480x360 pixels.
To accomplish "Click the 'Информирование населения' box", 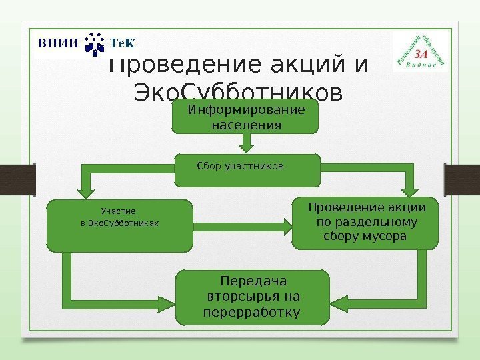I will tap(246, 117).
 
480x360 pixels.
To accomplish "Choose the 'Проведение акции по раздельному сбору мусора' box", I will tap(366, 222).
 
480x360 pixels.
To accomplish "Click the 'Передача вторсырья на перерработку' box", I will tap(253, 297).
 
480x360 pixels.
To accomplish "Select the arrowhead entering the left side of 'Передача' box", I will tap(168, 298).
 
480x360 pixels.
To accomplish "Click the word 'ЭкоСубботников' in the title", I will tap(239, 91).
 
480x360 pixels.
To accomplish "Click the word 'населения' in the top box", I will tap(246, 124).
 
